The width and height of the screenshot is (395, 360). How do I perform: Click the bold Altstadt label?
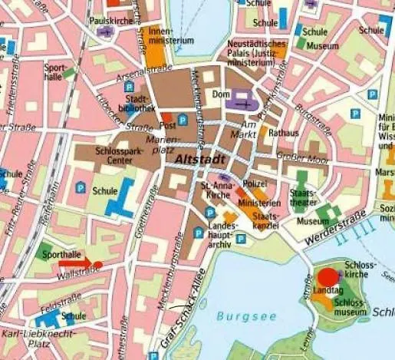click(200, 159)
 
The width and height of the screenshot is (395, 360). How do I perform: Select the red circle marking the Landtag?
click(328, 278)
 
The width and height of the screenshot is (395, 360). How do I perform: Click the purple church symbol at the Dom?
click(243, 102)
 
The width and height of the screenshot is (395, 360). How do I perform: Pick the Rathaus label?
click(284, 133)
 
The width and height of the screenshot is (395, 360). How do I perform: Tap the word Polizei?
click(254, 185)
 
